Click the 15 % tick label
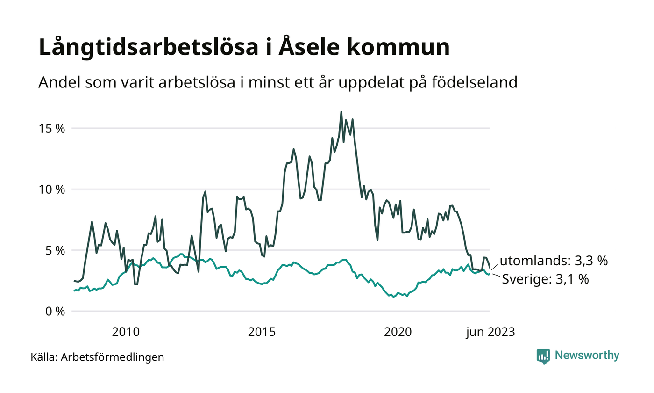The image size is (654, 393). (x=51, y=129)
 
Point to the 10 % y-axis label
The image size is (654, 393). (x=51, y=189)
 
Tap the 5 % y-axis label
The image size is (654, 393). (x=55, y=250)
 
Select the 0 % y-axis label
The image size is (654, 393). (x=55, y=311)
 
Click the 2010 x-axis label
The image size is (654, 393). (x=126, y=332)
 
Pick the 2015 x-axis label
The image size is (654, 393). (x=262, y=332)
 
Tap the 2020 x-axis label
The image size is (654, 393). (x=398, y=332)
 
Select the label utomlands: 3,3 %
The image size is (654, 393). (x=554, y=261)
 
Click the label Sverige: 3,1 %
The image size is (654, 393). (x=545, y=280)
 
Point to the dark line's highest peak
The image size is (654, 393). (x=341, y=112)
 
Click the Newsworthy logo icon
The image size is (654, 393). (x=543, y=356)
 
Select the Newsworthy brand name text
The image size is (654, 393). (x=587, y=356)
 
